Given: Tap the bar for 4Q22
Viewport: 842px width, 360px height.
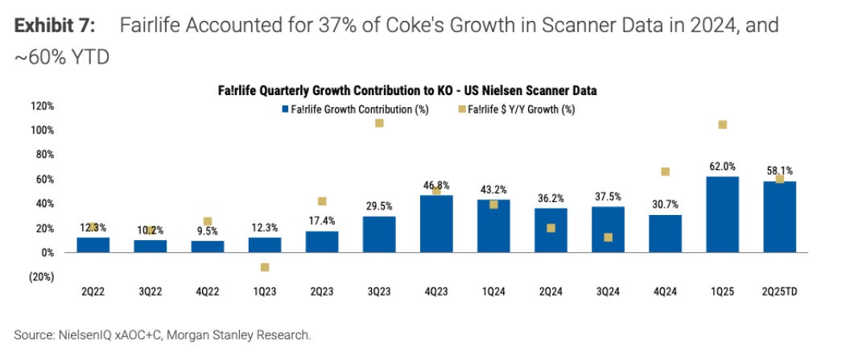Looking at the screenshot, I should coord(208,246).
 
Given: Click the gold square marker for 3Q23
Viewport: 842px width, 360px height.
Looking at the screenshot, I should coord(379,123).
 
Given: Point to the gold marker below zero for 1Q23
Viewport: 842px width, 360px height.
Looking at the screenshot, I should coord(265,267).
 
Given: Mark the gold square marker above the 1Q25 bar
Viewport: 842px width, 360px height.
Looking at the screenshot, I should coord(722,125).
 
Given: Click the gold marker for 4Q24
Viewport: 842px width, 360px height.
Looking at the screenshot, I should coord(665,172).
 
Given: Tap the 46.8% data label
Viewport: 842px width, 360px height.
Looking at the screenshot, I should coord(436,185).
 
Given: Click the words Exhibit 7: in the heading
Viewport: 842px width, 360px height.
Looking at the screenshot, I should coord(54,26).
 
